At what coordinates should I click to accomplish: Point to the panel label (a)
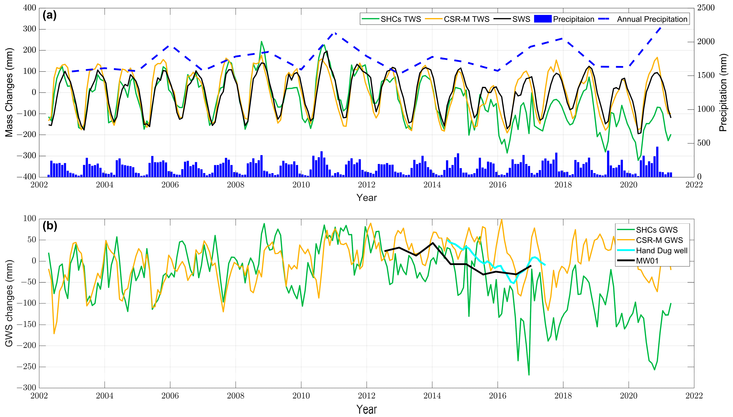pyautogui.click(x=50, y=15)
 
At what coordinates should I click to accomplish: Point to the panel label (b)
pyautogui.click(x=50, y=226)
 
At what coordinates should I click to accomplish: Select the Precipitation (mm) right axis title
pyautogui.click(x=723, y=92)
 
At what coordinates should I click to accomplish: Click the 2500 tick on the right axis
pyautogui.click(x=705, y=8)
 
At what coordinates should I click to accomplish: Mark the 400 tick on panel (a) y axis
pyautogui.click(x=30, y=8)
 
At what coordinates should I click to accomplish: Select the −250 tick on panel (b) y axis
pyautogui.click(x=26, y=367)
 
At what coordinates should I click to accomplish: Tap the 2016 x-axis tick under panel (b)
pyautogui.click(x=498, y=396)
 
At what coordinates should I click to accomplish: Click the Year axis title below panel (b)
pyautogui.click(x=367, y=409)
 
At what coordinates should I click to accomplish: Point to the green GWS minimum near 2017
pyautogui.click(x=529, y=375)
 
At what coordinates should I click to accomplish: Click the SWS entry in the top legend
pyautogui.click(x=521, y=19)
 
